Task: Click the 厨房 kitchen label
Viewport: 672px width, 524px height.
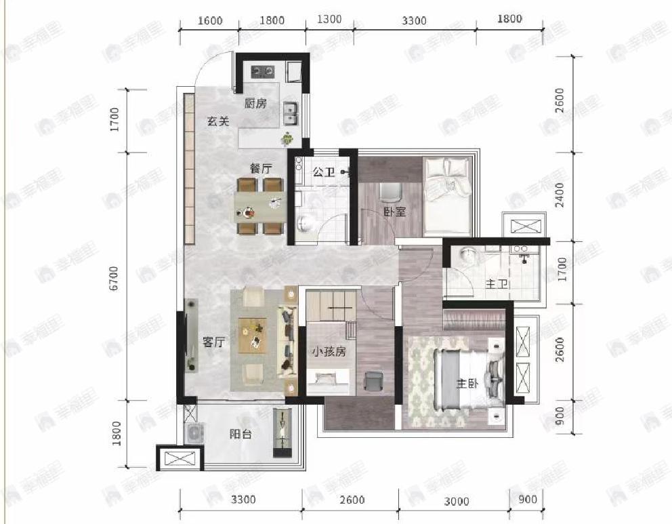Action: click(x=255, y=103)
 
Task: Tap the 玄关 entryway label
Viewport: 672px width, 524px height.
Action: click(x=218, y=121)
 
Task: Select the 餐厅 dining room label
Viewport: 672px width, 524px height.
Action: click(x=261, y=168)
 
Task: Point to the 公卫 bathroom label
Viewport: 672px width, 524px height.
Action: click(x=324, y=172)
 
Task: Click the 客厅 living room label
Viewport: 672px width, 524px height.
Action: click(x=213, y=342)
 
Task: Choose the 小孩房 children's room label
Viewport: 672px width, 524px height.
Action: click(x=329, y=352)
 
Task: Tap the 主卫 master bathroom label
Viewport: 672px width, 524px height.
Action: click(x=497, y=283)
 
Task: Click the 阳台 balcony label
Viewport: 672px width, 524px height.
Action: click(x=240, y=434)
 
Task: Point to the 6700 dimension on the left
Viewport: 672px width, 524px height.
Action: click(x=114, y=279)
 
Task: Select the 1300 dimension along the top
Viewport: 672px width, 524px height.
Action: click(x=330, y=19)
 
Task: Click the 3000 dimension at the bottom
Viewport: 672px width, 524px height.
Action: click(x=456, y=501)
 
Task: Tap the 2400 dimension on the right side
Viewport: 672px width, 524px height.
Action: click(x=560, y=195)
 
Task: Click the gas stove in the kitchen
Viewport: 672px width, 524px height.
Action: click(x=262, y=70)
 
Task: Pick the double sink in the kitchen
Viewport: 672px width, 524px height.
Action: click(x=290, y=113)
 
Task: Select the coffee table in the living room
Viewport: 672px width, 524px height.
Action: click(x=253, y=336)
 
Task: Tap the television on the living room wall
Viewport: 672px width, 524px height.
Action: click(x=191, y=336)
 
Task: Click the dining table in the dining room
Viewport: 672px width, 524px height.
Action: click(x=260, y=207)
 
